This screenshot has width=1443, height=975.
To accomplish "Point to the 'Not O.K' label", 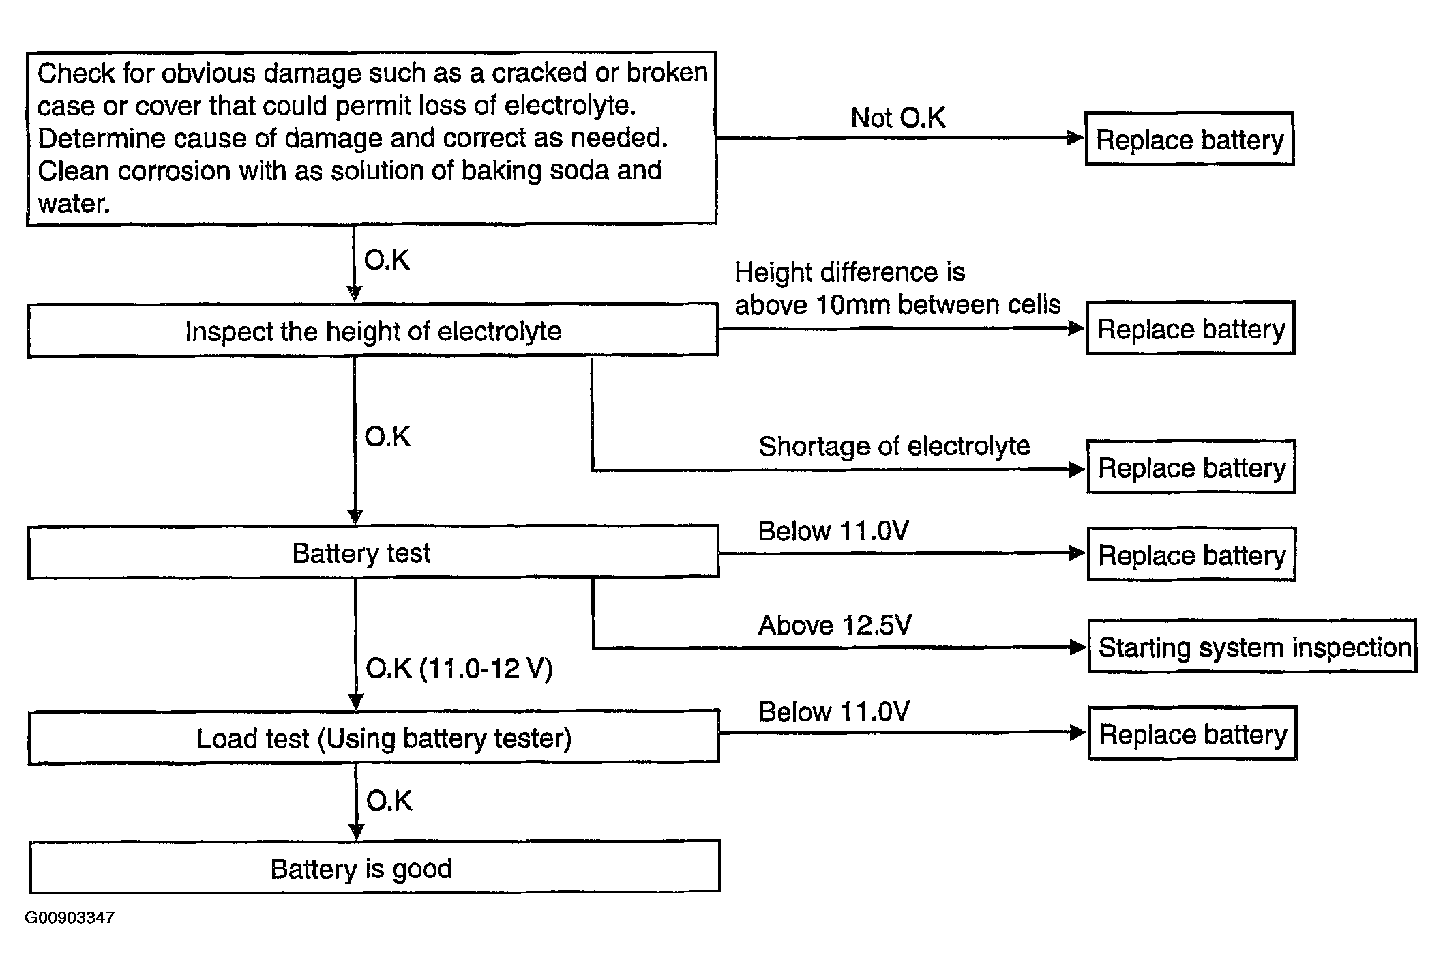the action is [898, 117].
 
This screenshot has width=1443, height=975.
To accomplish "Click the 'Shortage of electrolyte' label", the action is [894, 446].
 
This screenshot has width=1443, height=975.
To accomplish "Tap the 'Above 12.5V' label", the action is [835, 625].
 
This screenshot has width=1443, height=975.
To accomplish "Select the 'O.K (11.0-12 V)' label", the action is [459, 668].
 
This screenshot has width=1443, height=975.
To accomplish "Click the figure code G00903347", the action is [70, 918].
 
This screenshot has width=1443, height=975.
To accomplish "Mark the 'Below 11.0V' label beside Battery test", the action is [833, 531].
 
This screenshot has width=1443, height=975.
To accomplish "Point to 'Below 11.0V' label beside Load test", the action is [833, 712].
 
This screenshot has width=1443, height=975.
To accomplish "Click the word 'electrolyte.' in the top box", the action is [570, 105].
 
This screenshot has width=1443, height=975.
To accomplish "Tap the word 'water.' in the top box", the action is [74, 203].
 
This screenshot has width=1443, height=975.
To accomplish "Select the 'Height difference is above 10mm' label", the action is [897, 288].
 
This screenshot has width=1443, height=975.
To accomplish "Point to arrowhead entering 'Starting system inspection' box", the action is [1079, 647].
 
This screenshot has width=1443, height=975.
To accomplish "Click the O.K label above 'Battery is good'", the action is [389, 800].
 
